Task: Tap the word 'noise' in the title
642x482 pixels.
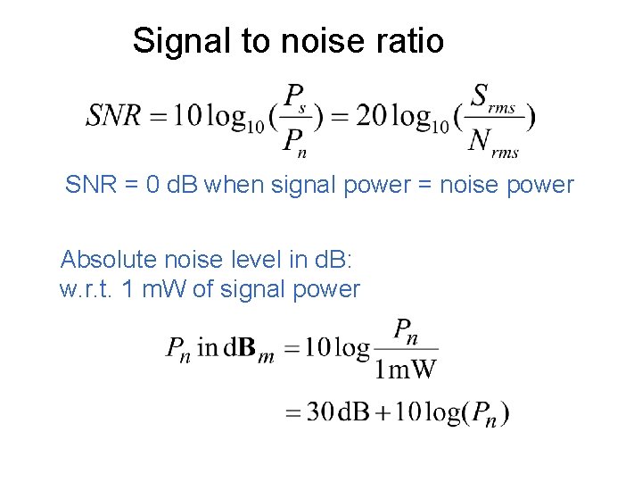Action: tap(312, 41)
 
